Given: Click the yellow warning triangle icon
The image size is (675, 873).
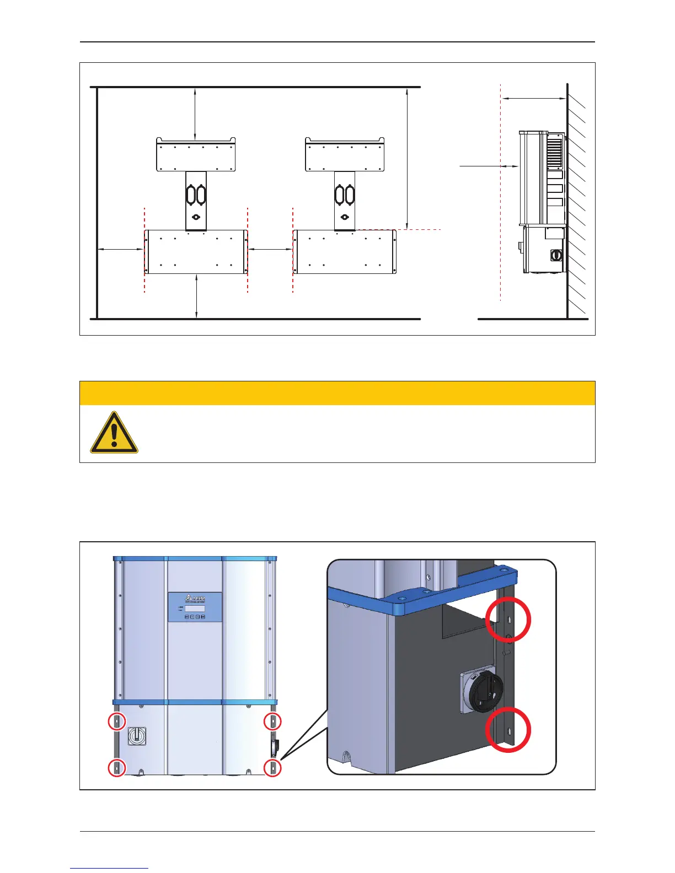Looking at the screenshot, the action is (x=114, y=433).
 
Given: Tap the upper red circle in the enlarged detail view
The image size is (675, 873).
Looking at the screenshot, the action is (x=508, y=620).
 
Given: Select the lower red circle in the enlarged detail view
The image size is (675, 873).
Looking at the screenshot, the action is (x=508, y=730).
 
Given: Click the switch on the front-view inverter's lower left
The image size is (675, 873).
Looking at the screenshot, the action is (x=137, y=736).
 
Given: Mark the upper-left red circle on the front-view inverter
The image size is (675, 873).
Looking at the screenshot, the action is (x=117, y=721).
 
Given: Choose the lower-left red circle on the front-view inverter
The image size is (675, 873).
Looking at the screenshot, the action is (x=117, y=767).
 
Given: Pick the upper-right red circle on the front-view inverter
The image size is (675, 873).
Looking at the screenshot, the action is (x=273, y=721).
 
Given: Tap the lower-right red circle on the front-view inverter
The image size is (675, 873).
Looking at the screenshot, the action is (x=273, y=767).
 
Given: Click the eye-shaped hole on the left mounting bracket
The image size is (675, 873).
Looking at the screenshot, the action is (x=196, y=217).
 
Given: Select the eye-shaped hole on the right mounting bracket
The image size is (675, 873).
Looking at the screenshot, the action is (x=345, y=217).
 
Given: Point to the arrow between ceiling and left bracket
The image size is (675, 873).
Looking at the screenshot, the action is (x=195, y=112).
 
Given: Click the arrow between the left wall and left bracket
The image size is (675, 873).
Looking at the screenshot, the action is (x=121, y=250).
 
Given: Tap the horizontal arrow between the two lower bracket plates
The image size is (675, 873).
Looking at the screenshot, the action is (x=270, y=250).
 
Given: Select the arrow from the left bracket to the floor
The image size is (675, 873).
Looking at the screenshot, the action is (x=196, y=297).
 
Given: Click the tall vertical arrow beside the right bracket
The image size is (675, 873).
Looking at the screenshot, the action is (x=406, y=158).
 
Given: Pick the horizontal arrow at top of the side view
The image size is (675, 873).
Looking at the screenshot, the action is (x=534, y=99).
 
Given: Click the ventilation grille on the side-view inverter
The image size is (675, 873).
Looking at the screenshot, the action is (x=554, y=153).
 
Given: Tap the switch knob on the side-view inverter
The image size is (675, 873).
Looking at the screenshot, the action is (x=556, y=256).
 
